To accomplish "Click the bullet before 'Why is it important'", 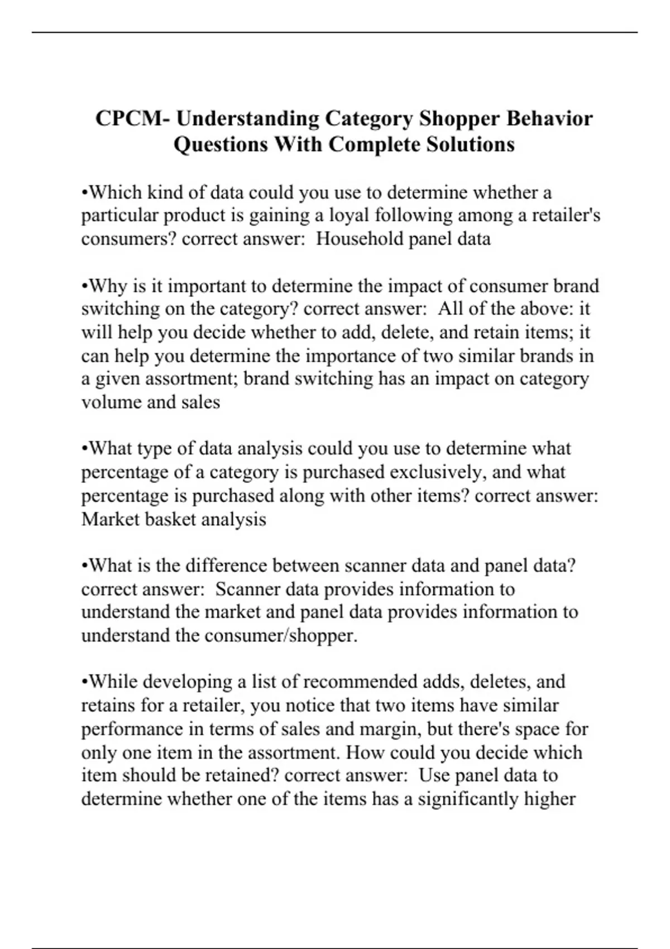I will pos(84,286).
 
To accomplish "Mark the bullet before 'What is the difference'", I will pos(84,566).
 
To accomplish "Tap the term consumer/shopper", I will pos(281,636).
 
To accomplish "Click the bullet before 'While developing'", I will pos(84,682).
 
